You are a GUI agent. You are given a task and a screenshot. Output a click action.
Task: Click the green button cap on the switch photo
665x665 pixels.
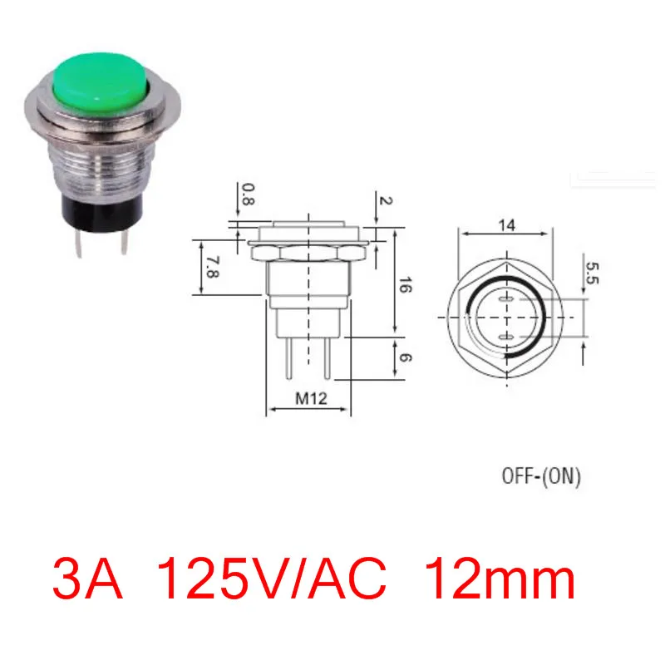pyautogui.click(x=101, y=82)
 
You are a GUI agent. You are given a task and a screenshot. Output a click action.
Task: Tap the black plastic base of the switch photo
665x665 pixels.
pyautogui.click(x=102, y=214)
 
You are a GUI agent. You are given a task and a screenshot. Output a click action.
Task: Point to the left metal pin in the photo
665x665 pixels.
pyautogui.click(x=79, y=244)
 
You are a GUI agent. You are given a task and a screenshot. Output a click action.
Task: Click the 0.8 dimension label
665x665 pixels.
pyautogui.click(x=248, y=195)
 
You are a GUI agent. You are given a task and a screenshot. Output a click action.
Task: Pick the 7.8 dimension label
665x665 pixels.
pyautogui.click(x=212, y=267)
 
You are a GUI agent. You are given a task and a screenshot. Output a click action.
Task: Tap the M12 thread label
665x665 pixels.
pyautogui.click(x=311, y=398)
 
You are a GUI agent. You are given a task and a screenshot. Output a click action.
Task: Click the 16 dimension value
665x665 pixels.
pyautogui.click(x=405, y=284)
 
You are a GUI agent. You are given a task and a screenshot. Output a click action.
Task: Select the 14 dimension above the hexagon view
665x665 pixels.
pyautogui.click(x=506, y=224)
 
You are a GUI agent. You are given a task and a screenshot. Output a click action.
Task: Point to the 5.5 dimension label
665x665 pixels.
pyautogui.click(x=592, y=273)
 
